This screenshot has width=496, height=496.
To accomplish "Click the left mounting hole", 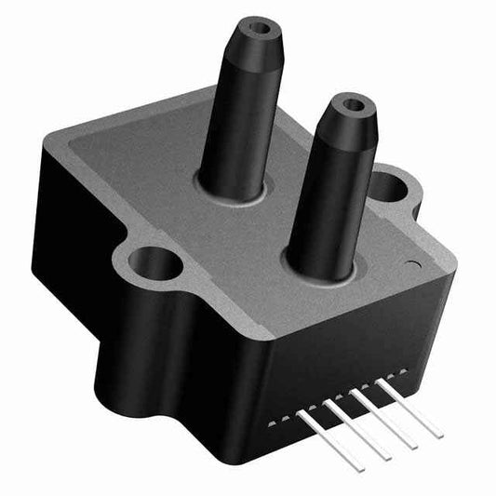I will click(154, 262).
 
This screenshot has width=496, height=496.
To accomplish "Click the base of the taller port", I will click(231, 189).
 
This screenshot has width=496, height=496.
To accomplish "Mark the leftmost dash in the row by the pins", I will click(271, 423).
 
